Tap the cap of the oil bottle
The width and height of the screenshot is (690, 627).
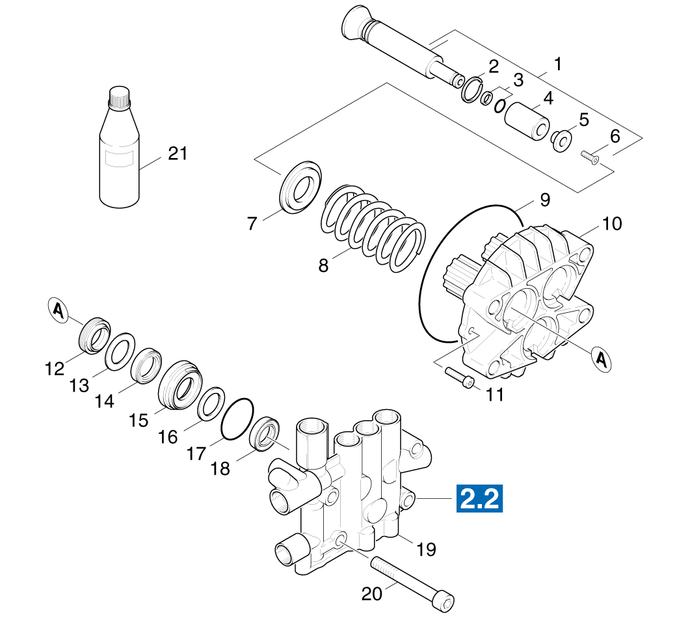pyautogui.click(x=120, y=98)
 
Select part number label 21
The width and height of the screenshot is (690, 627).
pyautogui.click(x=177, y=154)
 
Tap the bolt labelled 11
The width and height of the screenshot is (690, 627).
pyautogui.click(x=460, y=378)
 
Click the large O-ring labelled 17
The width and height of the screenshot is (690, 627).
pyautogui.click(x=237, y=420)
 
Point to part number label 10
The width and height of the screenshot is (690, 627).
pyautogui.click(x=611, y=224)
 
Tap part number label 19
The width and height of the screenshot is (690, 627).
pyautogui.click(x=426, y=550)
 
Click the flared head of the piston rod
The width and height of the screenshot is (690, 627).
pyautogui.click(x=356, y=24)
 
